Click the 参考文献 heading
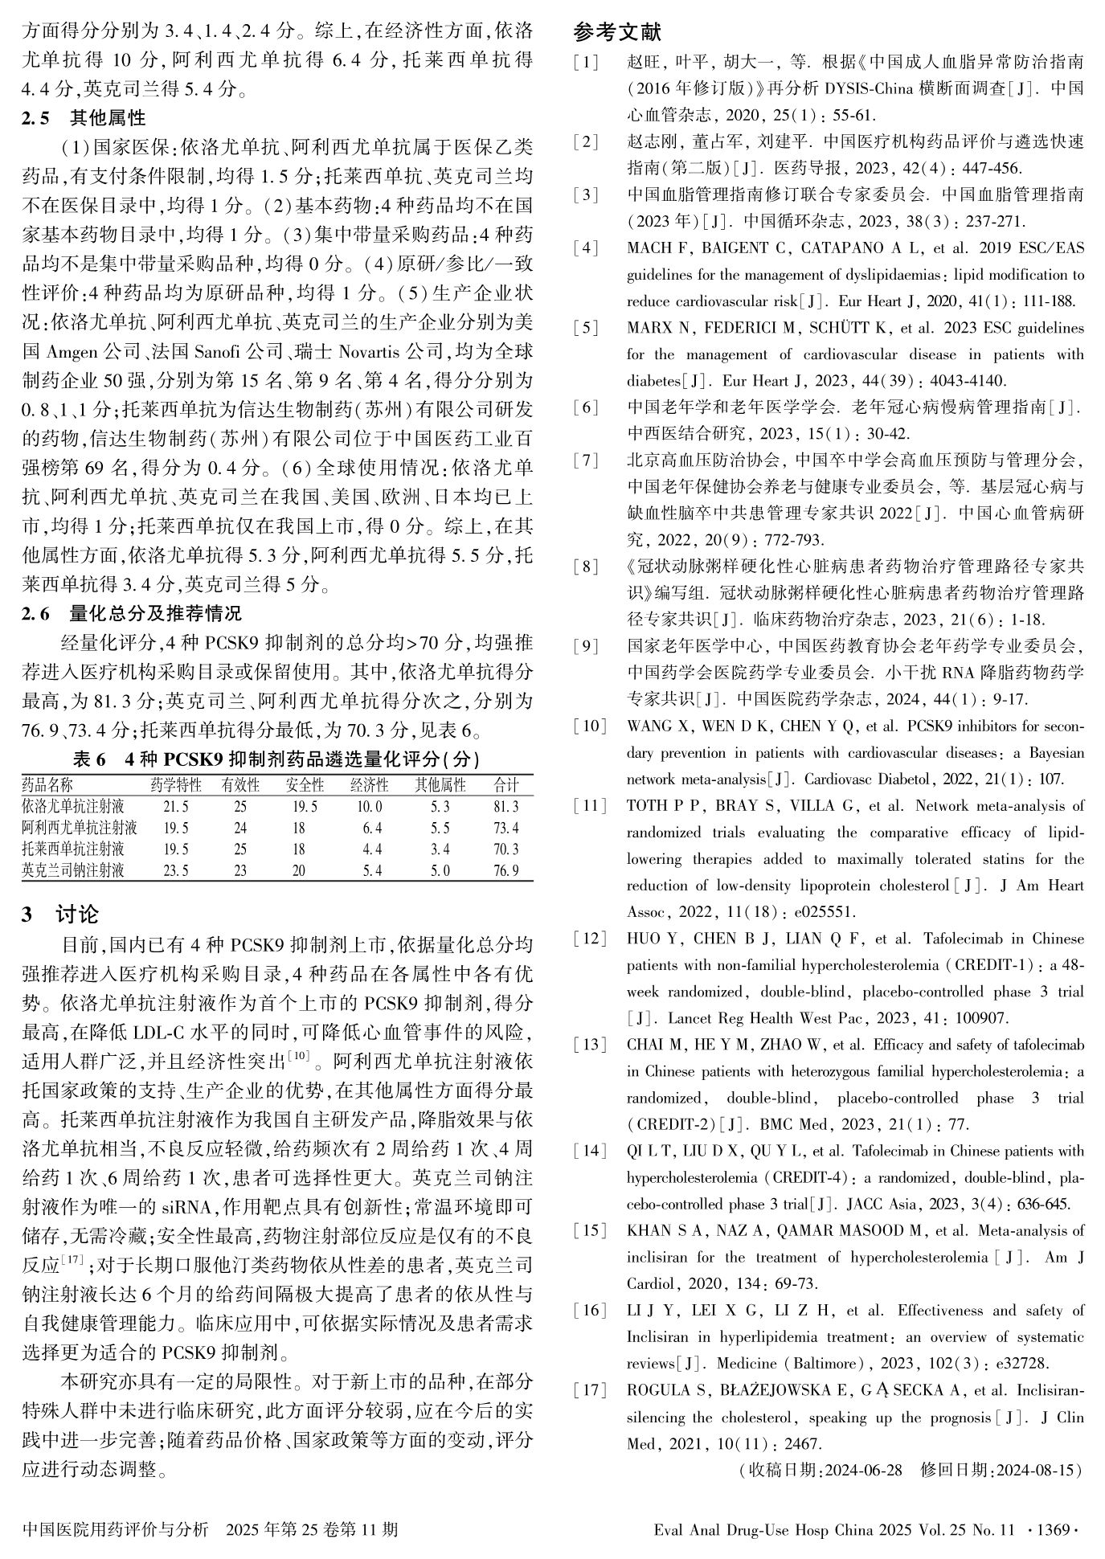click(x=617, y=33)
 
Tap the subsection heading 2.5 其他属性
click(x=84, y=118)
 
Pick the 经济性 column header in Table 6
click(x=369, y=785)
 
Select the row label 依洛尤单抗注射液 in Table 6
click(x=73, y=806)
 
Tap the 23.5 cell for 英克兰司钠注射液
click(x=176, y=870)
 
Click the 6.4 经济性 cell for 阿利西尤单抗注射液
click(x=372, y=827)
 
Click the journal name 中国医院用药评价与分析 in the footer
click(x=116, y=1529)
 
